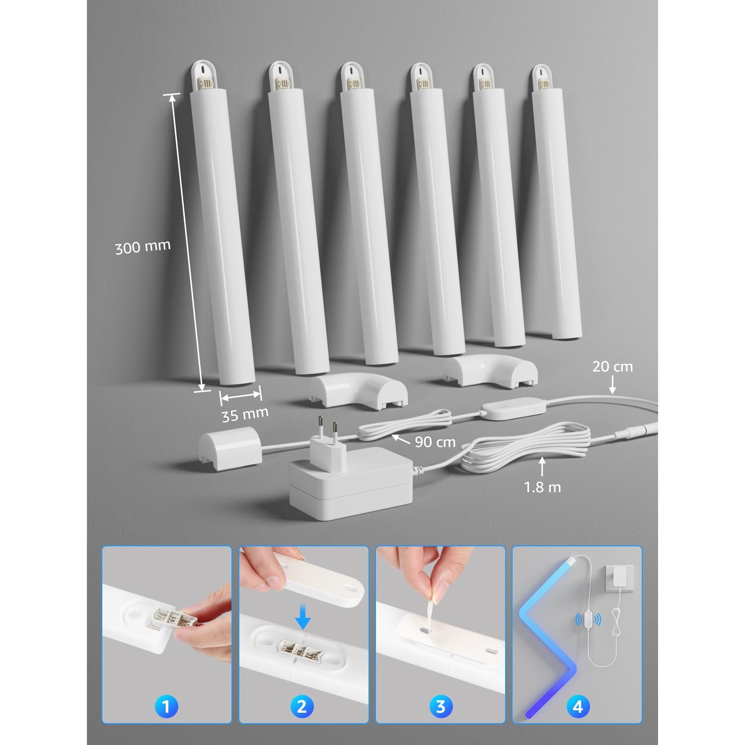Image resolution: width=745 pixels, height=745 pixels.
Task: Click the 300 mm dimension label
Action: click(143, 247)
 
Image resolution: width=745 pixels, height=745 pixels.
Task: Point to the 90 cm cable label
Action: click(435, 442)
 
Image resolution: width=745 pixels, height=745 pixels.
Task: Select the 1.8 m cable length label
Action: click(542, 487)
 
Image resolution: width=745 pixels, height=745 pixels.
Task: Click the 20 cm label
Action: click(612, 367)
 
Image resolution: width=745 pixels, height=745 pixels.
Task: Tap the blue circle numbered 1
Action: click(166, 706)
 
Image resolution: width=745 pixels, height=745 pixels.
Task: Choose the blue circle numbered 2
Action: click(302, 706)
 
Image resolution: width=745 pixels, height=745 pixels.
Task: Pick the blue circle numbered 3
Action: click(440, 706)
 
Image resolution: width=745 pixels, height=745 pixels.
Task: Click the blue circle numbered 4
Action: click(577, 706)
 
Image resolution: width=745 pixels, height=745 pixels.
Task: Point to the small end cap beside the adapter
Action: click(229, 449)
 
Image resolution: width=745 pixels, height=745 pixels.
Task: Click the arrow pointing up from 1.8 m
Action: click(542, 467)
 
